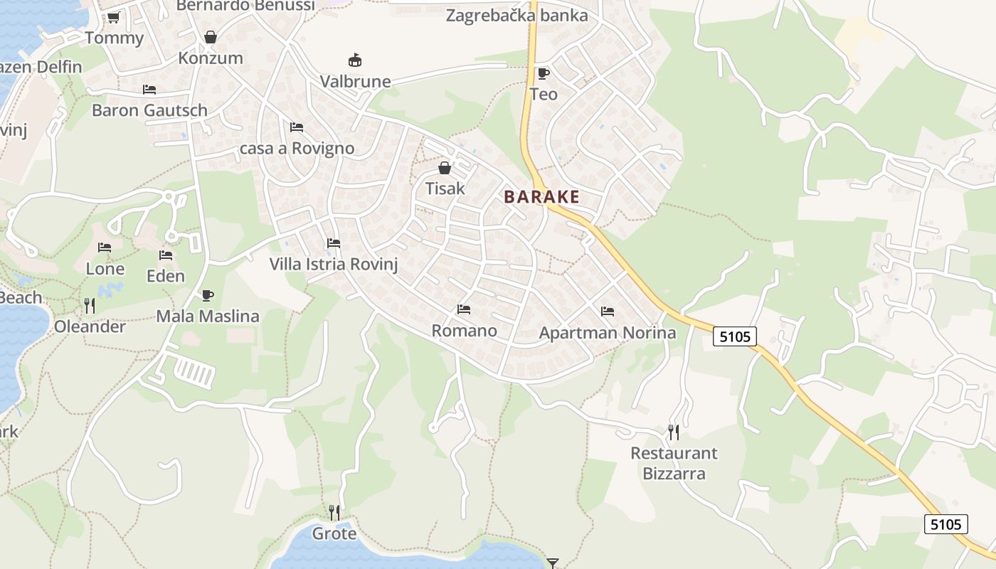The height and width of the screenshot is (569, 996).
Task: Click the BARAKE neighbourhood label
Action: [x=541, y=197]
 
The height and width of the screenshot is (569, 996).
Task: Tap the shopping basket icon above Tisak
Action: [x=445, y=168]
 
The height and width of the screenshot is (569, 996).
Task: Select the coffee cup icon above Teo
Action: [x=544, y=73]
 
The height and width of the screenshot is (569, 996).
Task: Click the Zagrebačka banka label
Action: [x=516, y=15]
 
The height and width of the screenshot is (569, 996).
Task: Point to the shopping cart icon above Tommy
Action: [x=113, y=17]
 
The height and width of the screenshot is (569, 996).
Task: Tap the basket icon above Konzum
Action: [x=211, y=36]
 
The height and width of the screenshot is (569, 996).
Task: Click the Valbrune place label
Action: [x=355, y=81]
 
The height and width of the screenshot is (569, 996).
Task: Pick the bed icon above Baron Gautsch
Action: [x=149, y=90]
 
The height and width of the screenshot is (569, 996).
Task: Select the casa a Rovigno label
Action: [x=297, y=149]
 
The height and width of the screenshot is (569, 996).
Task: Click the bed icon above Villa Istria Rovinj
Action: [x=333, y=243]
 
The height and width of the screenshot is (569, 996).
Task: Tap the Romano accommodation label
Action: [x=464, y=331]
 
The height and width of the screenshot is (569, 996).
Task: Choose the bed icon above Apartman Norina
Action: [x=607, y=312]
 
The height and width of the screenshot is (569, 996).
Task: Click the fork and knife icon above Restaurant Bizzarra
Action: [x=673, y=432]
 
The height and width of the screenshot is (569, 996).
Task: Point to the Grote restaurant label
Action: [x=334, y=533]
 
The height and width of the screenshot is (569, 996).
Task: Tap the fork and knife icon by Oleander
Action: [x=90, y=306]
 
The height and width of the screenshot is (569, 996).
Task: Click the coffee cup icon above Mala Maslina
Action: [x=208, y=295]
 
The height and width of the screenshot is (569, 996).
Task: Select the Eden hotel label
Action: [x=166, y=276]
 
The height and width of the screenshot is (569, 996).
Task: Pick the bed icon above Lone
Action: [x=105, y=248]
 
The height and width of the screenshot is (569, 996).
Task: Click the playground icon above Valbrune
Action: [x=354, y=60]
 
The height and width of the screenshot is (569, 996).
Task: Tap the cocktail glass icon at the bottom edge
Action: [x=553, y=563]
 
